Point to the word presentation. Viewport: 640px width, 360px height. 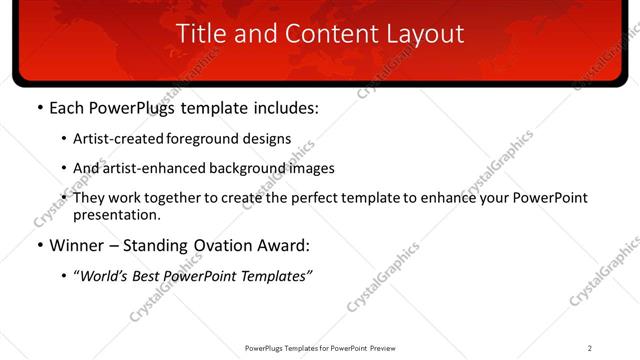116,215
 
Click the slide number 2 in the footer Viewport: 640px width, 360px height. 589,347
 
